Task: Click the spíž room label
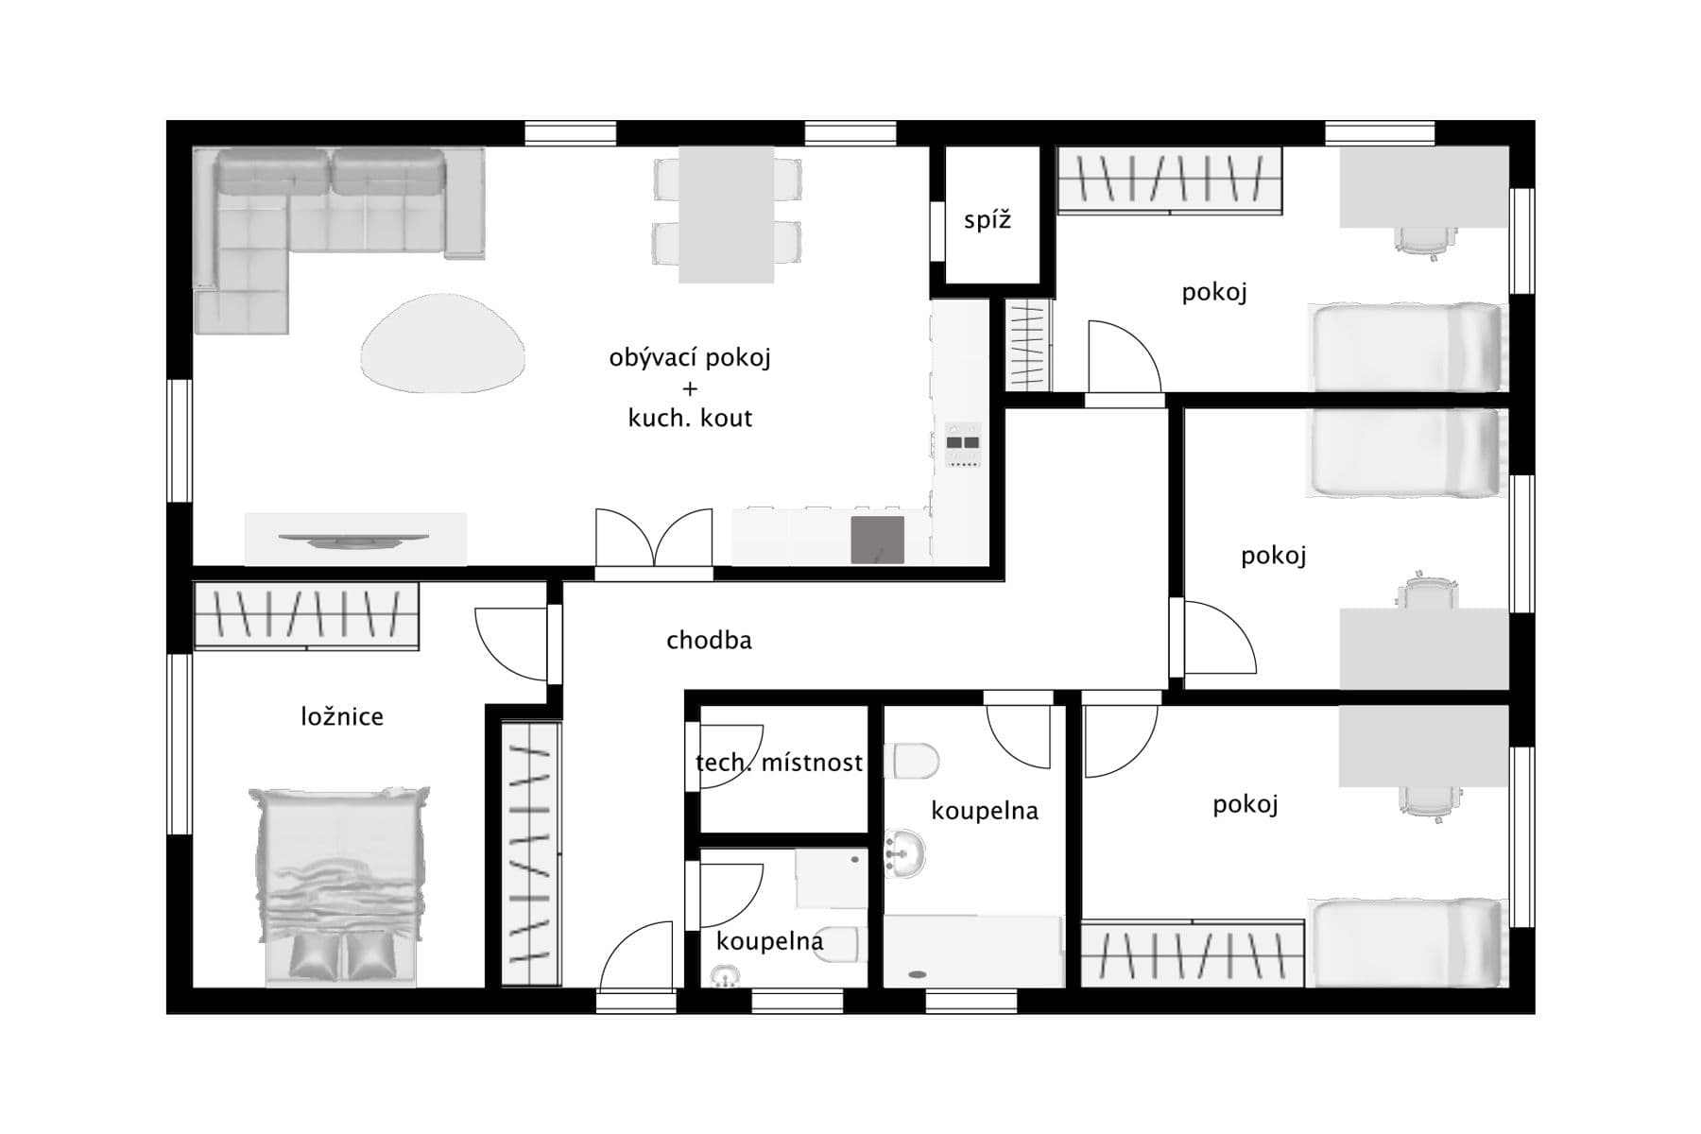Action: click(988, 221)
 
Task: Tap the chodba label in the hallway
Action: click(709, 641)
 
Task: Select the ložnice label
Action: click(342, 716)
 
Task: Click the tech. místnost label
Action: click(779, 762)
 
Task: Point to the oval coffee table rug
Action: click(442, 343)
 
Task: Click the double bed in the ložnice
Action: click(338, 884)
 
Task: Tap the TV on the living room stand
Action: click(353, 540)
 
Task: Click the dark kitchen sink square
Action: click(877, 540)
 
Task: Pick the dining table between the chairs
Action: click(726, 215)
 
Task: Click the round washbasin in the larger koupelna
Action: click(905, 853)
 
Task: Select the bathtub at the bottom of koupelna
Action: click(973, 951)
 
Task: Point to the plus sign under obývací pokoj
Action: click(690, 388)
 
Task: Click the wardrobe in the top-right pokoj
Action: click(1169, 180)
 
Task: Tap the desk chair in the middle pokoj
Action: click(1425, 593)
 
